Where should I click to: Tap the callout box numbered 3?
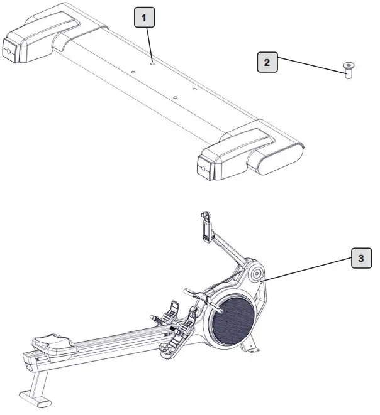click(x=360, y=257)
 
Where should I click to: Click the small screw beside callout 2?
click(x=347, y=68)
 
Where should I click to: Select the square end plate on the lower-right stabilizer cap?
click(x=204, y=166)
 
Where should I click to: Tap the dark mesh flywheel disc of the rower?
click(x=232, y=318)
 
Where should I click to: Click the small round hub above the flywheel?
click(x=256, y=274)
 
